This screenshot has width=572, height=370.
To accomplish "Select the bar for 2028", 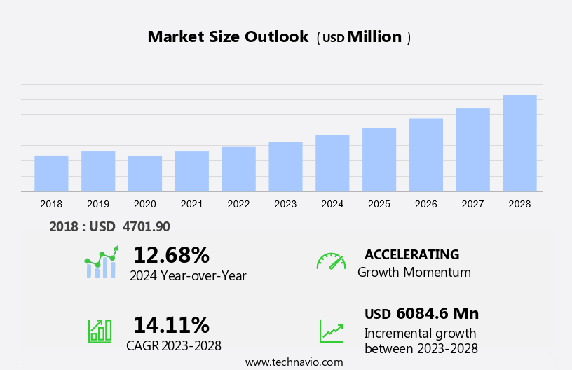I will (x=519, y=143).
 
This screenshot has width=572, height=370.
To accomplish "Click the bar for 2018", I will (x=51, y=173).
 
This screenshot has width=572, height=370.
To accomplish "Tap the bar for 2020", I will (x=145, y=174).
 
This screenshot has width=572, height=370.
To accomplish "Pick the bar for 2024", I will (x=332, y=163).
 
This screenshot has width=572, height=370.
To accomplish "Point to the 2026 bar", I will (x=426, y=155).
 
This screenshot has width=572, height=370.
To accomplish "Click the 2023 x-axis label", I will (x=285, y=204).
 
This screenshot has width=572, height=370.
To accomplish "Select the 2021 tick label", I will (x=191, y=204).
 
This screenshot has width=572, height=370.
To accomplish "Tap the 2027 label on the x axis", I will (x=472, y=204).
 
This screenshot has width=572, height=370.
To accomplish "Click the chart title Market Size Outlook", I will (x=228, y=37).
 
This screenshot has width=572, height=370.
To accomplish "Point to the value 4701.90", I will (x=146, y=226).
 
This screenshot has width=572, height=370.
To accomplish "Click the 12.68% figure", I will (x=171, y=255).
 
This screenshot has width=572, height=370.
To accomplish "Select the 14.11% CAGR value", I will (x=171, y=325).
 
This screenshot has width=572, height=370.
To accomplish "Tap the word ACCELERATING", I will (x=411, y=254).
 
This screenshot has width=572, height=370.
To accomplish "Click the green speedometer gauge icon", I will (x=331, y=261).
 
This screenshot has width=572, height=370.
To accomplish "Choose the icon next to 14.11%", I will (x=100, y=330).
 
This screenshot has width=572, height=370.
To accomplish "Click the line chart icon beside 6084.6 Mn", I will (x=331, y=331).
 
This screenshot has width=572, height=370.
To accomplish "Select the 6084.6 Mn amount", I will (x=437, y=313).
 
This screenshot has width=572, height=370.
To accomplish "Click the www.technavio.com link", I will (x=294, y=362).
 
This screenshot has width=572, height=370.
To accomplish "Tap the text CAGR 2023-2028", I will (x=174, y=345).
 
